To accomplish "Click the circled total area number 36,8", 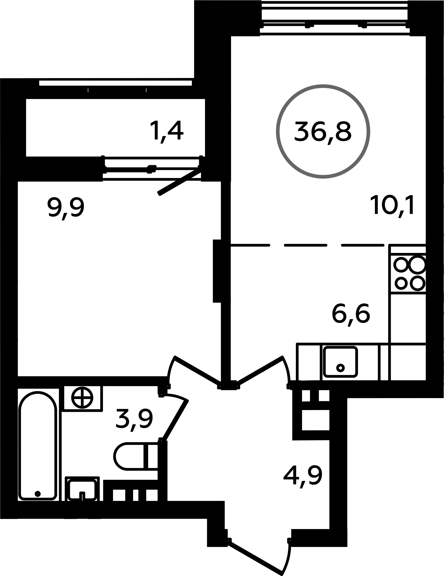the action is click(x=323, y=131).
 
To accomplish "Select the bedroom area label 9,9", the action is click(x=66, y=208).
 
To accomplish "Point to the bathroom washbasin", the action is click(x=82, y=489).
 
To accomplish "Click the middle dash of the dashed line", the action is click(x=306, y=245).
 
